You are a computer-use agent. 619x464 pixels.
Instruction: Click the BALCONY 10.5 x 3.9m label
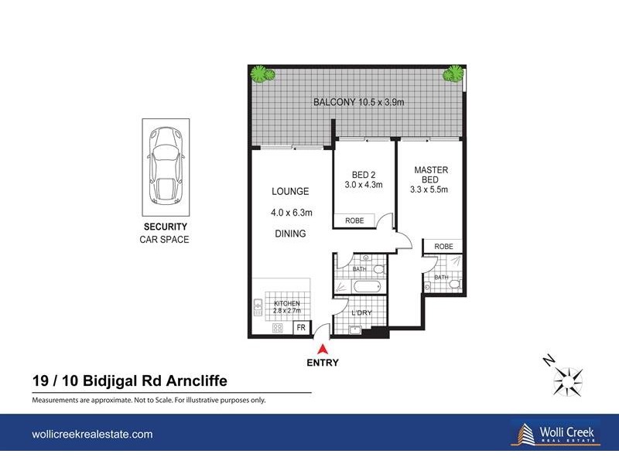tap(358, 102)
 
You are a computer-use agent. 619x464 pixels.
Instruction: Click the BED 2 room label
tap(357, 179)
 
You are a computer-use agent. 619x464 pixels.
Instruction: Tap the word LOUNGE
tap(290, 191)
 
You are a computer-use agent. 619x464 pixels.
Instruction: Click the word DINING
tap(290, 234)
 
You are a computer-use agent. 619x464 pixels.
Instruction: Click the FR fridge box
tap(301, 329)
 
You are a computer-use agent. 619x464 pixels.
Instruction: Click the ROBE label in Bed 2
tap(354, 221)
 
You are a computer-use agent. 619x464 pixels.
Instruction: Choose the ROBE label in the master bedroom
tap(443, 246)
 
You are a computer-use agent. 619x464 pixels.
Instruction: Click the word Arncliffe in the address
tap(194, 380)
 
